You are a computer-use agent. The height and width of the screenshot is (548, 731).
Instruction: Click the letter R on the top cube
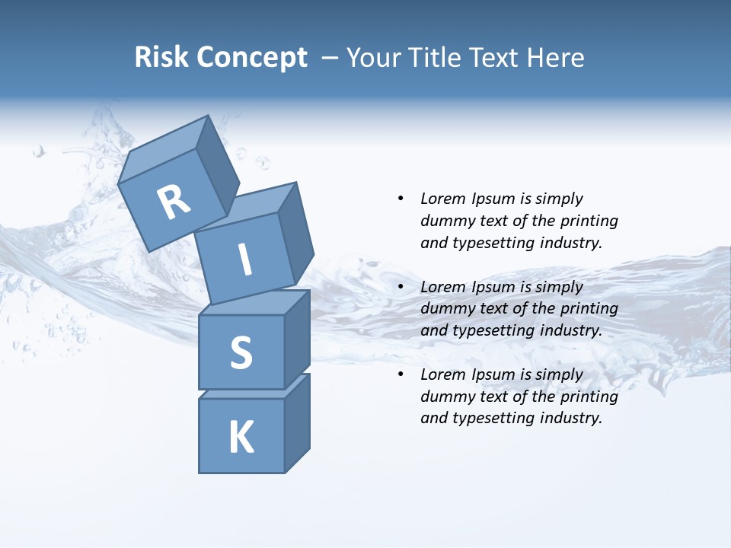coord(174,202)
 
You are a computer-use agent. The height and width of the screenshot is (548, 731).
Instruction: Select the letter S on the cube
coord(241,352)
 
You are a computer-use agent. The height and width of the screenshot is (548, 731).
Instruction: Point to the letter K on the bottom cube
coord(241,438)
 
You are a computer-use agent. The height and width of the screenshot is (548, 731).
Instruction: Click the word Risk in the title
coord(161,58)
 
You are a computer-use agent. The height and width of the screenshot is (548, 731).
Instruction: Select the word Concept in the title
coord(252,58)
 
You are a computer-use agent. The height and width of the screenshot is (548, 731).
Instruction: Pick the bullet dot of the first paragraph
coord(401,199)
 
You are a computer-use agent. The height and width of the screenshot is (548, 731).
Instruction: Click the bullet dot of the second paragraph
coord(401,287)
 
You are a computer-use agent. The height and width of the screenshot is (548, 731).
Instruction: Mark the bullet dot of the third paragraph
coord(401,374)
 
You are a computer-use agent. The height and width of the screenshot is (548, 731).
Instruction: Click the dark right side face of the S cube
coord(297,339)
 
